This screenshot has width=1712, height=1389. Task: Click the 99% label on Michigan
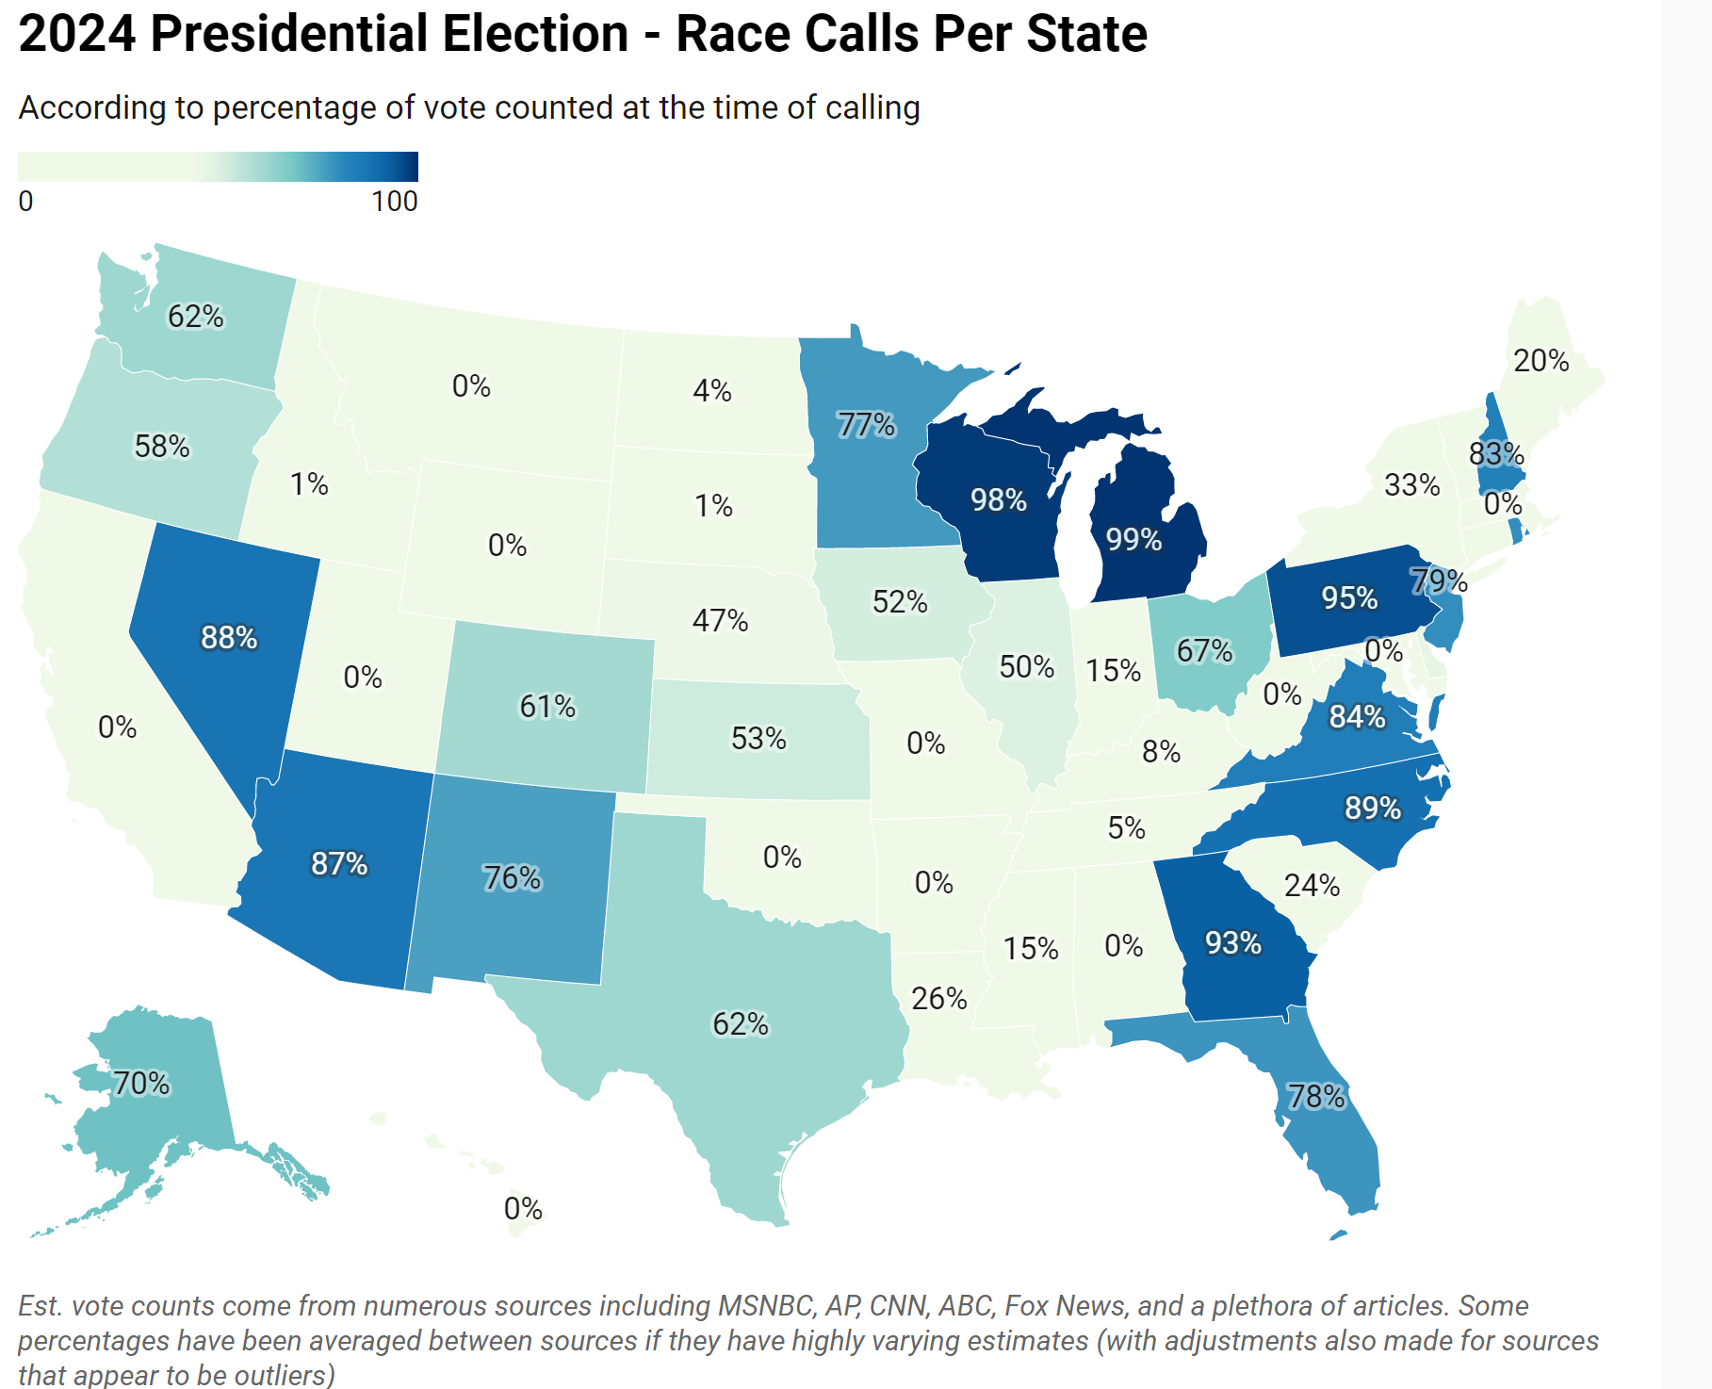(1133, 540)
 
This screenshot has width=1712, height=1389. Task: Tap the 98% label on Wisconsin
(999, 499)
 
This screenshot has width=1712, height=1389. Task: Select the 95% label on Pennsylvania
(1349, 597)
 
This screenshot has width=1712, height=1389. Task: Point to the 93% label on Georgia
(1233, 942)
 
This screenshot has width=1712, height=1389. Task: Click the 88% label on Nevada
(229, 638)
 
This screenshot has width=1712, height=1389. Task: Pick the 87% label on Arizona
(339, 863)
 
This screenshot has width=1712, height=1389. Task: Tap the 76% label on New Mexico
(512, 877)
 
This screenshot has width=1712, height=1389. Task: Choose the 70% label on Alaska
(141, 1084)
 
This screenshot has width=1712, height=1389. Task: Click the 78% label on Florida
(1316, 1096)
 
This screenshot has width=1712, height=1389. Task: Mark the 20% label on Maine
(1541, 360)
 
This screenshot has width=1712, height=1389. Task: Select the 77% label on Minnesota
(867, 425)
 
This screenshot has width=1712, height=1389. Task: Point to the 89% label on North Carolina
(1373, 808)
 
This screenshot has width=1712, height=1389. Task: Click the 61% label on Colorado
(547, 706)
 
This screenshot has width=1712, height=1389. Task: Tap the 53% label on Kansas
(758, 738)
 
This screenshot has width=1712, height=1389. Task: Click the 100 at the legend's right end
(395, 201)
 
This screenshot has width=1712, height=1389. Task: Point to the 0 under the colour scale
(26, 201)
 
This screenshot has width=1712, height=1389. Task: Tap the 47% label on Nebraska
(720, 620)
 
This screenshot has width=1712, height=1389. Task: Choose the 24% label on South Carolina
(1312, 885)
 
